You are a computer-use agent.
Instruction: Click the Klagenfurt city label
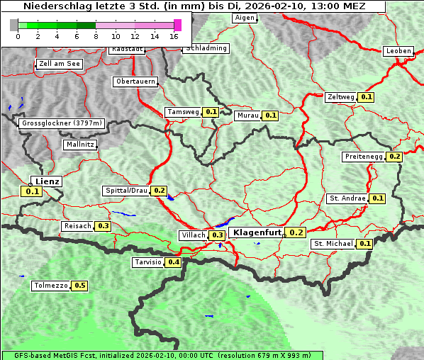[255, 232]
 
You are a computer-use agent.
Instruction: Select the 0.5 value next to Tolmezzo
[79, 286]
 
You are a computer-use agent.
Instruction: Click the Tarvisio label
[147, 262]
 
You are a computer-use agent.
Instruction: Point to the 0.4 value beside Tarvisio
[173, 262]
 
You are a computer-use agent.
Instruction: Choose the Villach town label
[194, 235]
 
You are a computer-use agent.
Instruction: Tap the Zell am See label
[60, 64]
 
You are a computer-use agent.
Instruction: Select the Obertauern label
[135, 81]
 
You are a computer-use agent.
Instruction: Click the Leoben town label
[398, 51]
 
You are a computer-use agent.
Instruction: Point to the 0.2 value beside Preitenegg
[394, 157]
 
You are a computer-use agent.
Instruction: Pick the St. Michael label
[333, 244]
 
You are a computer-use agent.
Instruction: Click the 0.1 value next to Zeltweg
[366, 97]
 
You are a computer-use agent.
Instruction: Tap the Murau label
[248, 115]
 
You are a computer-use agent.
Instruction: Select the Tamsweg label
[183, 112]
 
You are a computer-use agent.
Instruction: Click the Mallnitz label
[79, 145]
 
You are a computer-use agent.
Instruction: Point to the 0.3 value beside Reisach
[103, 226]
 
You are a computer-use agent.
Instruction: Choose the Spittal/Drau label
[126, 191]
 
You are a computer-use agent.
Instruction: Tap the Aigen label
[244, 18]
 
